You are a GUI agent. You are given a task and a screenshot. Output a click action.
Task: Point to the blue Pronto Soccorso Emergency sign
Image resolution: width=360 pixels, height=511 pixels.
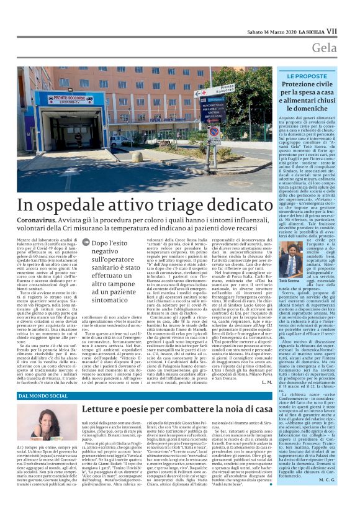[x=61, y=99]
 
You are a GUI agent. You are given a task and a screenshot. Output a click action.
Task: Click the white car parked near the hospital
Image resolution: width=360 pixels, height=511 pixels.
[x=118, y=140]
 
